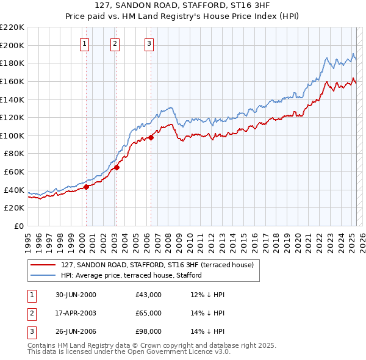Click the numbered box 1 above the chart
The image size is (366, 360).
coord(84,43)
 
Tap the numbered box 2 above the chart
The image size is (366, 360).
coord(115,43)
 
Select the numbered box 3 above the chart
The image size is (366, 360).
coord(149,43)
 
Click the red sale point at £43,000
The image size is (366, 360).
coord(87,187)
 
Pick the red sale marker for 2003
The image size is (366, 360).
coord(117,167)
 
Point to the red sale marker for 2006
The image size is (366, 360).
coord(151,137)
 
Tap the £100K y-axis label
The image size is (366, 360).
coord(12,135)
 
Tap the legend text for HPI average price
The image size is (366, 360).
coord(135,276)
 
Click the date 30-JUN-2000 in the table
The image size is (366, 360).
coord(76,295)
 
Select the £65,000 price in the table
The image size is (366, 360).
coord(149,313)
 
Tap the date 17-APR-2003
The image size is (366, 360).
coord(76,313)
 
